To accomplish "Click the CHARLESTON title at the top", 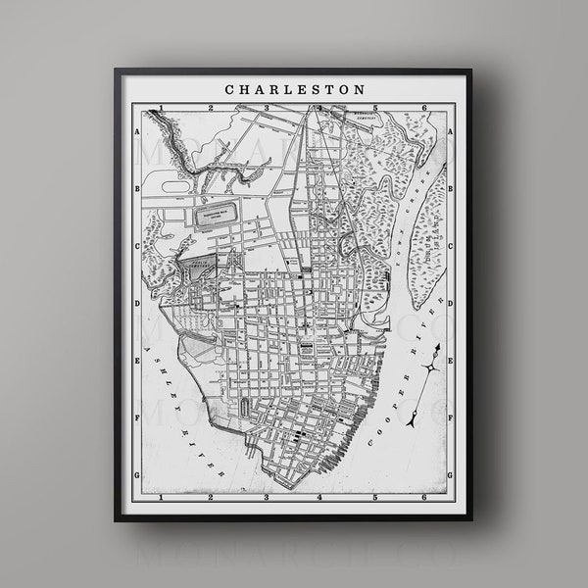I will (295, 88).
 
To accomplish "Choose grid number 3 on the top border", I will (264, 107).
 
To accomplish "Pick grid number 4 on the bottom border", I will (317, 497).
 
